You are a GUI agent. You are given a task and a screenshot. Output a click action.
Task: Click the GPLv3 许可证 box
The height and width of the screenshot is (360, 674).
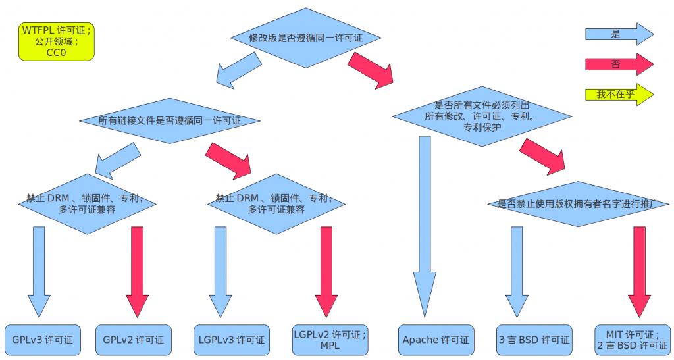[x=41, y=340]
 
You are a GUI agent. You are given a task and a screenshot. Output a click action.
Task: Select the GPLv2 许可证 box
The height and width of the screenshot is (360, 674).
[x=133, y=340]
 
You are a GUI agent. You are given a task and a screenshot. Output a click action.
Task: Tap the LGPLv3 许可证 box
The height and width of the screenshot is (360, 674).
[x=231, y=340]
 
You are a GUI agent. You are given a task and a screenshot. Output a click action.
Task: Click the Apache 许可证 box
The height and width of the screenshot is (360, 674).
[x=435, y=340]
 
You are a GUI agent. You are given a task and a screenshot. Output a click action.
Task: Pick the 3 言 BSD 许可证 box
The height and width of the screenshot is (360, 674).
[x=534, y=340]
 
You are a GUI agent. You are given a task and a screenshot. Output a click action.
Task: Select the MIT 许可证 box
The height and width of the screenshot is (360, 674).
[x=631, y=340]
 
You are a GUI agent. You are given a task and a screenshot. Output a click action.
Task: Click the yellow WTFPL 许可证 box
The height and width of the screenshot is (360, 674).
[x=57, y=41]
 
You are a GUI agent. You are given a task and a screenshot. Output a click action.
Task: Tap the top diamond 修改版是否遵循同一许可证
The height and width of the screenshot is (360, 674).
[x=305, y=38]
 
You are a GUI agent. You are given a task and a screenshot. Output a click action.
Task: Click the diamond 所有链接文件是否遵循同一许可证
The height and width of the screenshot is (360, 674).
[x=169, y=121]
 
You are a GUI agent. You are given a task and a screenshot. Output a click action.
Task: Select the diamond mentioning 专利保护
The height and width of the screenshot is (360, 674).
[x=482, y=116]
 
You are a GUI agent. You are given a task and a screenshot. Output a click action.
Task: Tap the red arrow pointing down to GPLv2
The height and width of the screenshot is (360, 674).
[x=138, y=270]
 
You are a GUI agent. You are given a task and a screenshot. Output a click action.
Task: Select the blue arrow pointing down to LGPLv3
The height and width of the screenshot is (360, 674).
[x=220, y=270]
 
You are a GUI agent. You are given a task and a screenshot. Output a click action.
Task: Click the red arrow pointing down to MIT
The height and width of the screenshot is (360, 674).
[x=639, y=270]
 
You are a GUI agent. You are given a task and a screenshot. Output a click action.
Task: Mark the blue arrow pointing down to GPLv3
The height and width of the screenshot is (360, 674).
[x=39, y=270]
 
